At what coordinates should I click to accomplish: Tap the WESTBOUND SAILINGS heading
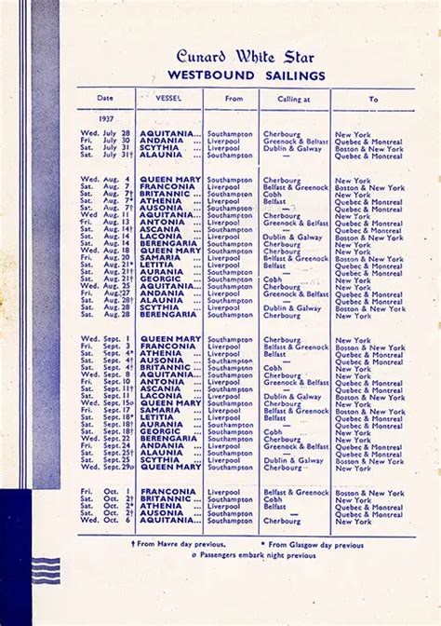pyautogui.click(x=247, y=75)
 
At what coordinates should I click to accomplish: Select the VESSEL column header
pyautogui.click(x=169, y=98)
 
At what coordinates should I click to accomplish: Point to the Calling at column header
pyautogui.click(x=295, y=98)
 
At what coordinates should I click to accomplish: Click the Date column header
pyautogui.click(x=105, y=98)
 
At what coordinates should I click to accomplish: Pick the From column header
pyautogui.click(x=233, y=98)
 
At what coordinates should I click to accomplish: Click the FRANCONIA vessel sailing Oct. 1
pyautogui.click(x=167, y=492)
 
